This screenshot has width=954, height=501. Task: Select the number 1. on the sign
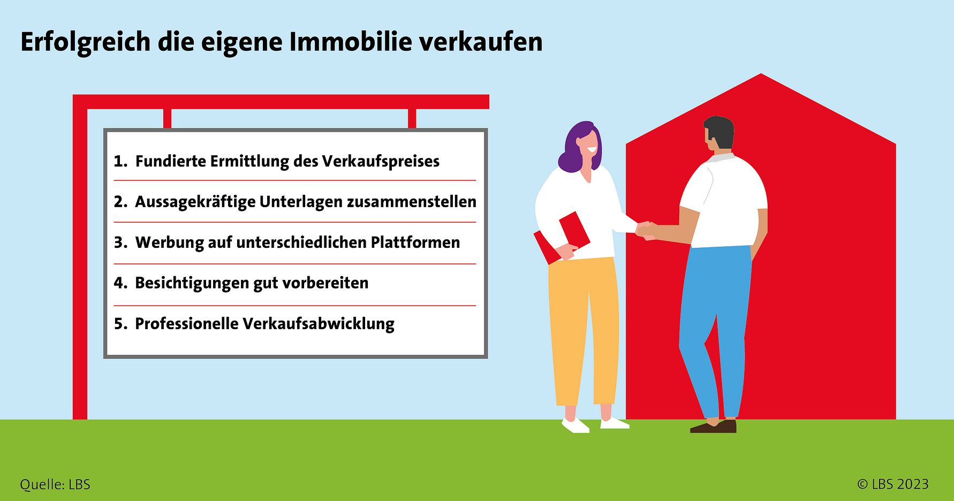(120, 161)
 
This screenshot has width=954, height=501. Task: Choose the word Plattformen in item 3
(415, 242)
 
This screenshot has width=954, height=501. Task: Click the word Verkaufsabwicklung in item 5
(319, 324)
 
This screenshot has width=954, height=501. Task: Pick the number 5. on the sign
(120, 324)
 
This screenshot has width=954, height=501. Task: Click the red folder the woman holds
(562, 238)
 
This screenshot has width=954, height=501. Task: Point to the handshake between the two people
(646, 230)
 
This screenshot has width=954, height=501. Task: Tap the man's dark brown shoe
(714, 427)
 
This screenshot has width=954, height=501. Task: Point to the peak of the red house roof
(761, 74)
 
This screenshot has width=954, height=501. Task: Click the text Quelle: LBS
(55, 485)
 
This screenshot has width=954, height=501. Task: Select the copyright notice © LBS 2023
(893, 484)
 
